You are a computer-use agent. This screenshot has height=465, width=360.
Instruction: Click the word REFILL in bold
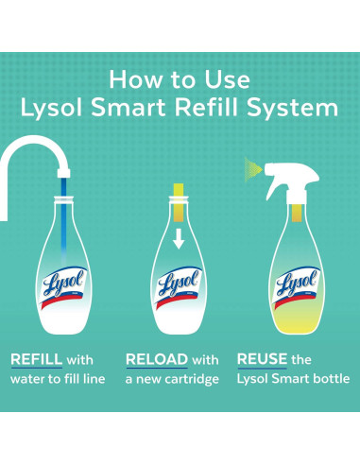35,360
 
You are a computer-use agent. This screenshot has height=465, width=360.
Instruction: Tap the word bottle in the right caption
331,379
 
